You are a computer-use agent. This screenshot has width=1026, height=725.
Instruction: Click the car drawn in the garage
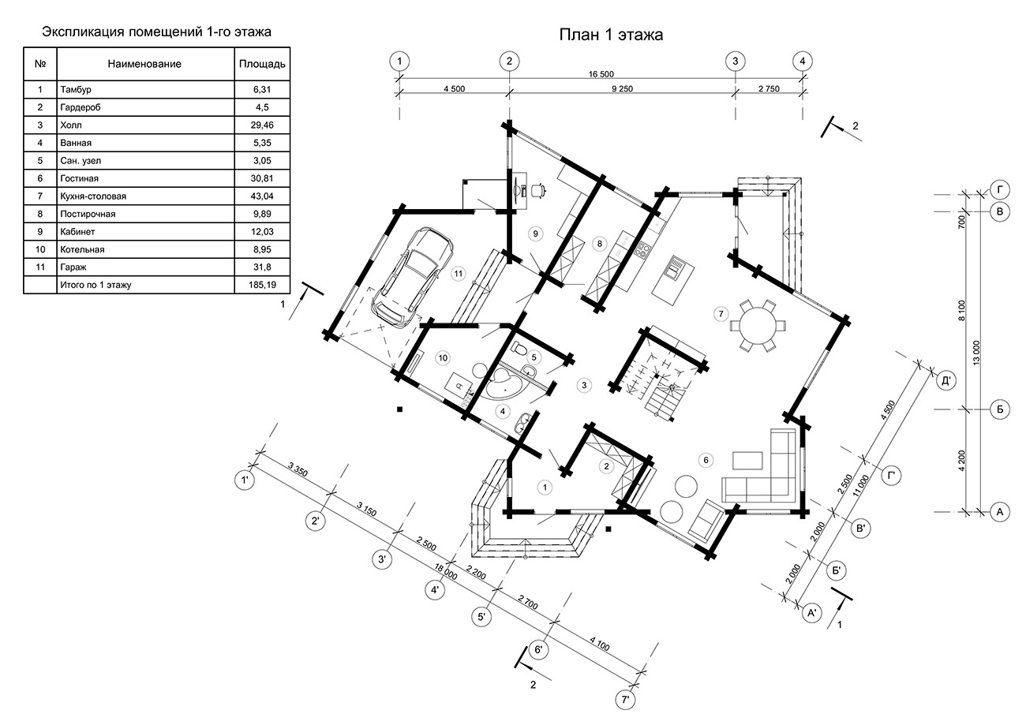point(412,277)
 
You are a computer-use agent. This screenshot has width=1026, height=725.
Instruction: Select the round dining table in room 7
point(758,326)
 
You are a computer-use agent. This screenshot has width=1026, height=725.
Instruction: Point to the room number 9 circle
point(535,234)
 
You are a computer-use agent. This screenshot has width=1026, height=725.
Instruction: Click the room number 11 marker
point(459,274)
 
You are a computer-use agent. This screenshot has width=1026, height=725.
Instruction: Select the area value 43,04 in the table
point(262,196)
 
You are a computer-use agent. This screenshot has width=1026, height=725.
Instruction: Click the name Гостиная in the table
point(79,178)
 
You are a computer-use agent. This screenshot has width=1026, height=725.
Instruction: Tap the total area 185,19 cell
point(263,285)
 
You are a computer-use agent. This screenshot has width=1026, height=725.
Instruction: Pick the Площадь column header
point(262,64)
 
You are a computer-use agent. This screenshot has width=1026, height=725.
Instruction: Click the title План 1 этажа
point(611,35)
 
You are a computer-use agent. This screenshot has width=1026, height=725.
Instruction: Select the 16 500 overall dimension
point(601,74)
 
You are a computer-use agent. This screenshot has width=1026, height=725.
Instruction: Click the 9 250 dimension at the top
point(622,89)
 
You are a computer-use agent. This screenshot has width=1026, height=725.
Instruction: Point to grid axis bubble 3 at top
point(736,62)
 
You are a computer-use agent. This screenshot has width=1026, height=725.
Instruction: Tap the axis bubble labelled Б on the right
point(1000,409)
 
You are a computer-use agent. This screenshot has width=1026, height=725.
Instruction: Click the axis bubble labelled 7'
point(625,700)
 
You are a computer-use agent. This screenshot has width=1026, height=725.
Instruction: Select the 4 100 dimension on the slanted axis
point(600,644)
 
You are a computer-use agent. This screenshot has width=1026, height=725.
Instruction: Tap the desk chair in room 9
point(538,190)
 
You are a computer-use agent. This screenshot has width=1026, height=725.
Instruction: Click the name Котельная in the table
point(82,249)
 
